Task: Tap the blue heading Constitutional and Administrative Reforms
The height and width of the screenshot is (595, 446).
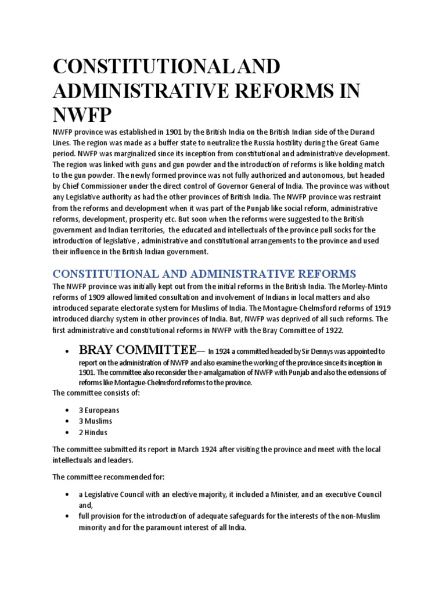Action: pos(204,274)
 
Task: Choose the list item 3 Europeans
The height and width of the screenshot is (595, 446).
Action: pos(101,410)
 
